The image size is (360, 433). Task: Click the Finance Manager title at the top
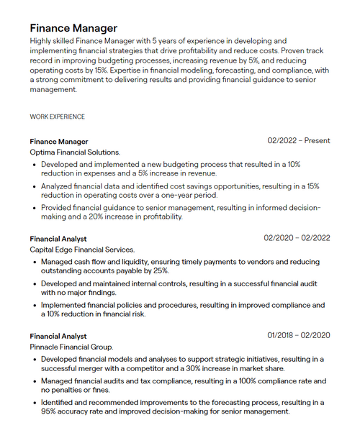point(73,28)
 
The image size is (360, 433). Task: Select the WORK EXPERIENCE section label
point(57,117)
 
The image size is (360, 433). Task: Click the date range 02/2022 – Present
point(299,141)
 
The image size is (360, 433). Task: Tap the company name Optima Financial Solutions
point(75,152)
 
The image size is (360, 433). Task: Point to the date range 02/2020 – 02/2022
point(297,238)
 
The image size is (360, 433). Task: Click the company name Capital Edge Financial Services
point(82,250)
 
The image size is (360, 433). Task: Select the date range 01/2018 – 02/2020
point(299,335)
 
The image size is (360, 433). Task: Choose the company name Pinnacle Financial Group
point(72,347)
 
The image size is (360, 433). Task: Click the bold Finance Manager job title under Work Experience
point(59,142)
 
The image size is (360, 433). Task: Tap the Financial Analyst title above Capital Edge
point(58,239)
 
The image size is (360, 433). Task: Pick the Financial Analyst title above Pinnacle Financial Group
point(58,336)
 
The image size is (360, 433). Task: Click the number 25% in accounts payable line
point(160,271)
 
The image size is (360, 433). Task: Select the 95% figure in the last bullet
point(50,411)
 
